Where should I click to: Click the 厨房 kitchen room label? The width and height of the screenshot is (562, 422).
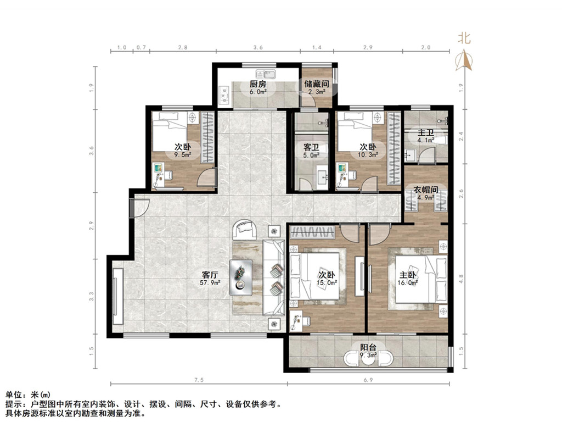click(258, 84)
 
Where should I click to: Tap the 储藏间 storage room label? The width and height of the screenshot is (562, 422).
click(317, 84)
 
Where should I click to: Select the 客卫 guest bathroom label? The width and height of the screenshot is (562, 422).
click(311, 148)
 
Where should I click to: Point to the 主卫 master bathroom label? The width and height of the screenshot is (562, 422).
click(426, 133)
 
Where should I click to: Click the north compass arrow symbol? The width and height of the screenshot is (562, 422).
click(464, 60)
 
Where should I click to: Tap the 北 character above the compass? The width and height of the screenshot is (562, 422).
click(464, 38)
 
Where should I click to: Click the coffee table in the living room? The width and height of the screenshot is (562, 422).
click(240, 276)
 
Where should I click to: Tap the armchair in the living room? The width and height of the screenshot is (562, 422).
click(244, 229)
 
